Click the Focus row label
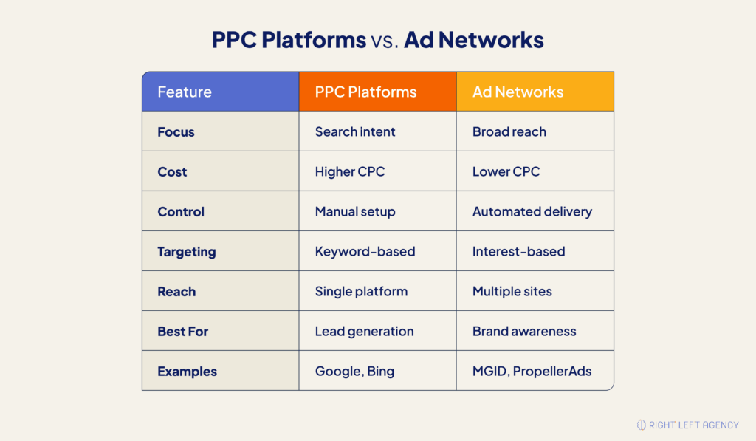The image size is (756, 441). coord(176,132)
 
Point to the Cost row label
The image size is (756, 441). coord(172,172)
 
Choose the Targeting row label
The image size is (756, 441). coord(186,252)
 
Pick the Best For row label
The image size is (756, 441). coord(182,332)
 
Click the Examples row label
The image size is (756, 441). coord(187,372)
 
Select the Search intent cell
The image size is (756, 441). coord(355,132)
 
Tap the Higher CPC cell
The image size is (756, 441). coord(350,172)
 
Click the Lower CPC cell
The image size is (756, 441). coord(506,172)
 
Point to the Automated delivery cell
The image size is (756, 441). coord(532,212)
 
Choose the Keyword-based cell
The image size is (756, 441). coord(365,252)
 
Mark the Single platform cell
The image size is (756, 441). coord(361,292)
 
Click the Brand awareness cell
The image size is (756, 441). coord(524,332)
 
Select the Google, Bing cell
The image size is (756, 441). coord(354,372)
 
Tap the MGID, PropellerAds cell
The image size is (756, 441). coord(532,372)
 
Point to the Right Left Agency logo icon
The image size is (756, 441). coord(641,425)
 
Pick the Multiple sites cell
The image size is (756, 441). coord(512,292)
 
